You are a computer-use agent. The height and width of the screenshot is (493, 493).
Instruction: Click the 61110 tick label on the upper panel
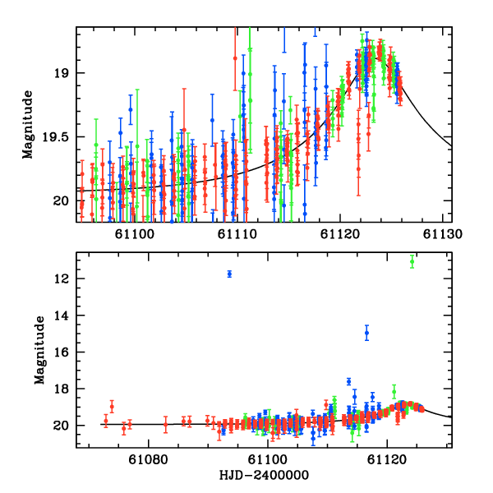point(237,233)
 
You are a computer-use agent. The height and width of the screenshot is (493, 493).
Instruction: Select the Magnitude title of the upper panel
point(28,124)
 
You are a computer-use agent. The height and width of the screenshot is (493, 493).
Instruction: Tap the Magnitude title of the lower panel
point(39,351)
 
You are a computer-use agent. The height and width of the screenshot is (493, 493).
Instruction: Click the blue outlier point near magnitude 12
point(229,274)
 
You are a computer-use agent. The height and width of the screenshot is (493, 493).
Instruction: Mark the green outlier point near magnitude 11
point(412,261)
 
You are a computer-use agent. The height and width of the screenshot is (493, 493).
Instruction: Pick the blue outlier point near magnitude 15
point(366,333)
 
